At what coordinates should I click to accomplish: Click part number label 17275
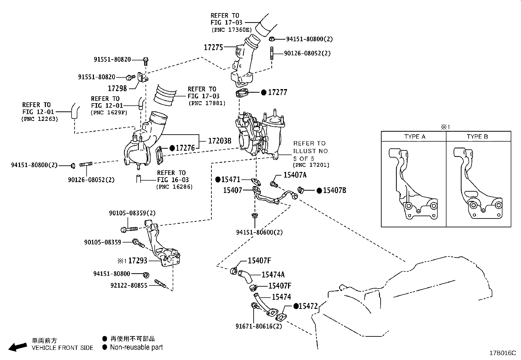point(213,47)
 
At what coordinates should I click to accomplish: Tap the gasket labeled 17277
point(242,94)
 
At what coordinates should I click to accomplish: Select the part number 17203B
point(220,141)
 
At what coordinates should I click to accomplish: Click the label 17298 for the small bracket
point(117,88)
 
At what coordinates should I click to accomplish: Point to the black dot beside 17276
point(172,148)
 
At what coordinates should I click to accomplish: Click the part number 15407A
point(295,175)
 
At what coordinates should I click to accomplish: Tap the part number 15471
point(231,180)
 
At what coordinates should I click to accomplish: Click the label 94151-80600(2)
point(259,233)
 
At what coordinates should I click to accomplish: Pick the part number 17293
point(137,261)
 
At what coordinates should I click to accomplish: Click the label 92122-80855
point(129,285)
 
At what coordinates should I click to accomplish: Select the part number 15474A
point(273,275)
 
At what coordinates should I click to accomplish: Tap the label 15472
point(308,306)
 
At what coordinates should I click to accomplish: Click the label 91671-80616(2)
point(259,326)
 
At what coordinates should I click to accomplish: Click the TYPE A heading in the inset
point(414,137)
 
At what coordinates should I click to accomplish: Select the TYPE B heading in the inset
point(477,137)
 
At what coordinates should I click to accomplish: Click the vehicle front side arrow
point(17,347)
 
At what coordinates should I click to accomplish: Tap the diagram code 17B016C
point(502,353)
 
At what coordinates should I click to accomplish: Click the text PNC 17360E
point(231,30)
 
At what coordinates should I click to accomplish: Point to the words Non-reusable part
point(136,347)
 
